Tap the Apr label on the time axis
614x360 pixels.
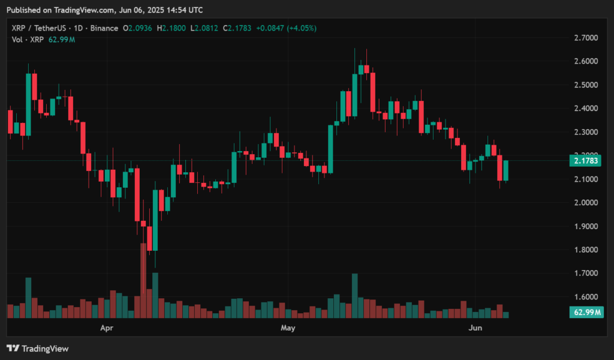click(107, 328)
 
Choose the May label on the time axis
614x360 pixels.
click(288, 328)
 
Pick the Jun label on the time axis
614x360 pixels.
click(475, 328)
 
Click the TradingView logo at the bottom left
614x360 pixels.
click(38, 348)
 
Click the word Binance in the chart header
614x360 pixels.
click(105, 28)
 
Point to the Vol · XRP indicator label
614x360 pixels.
click(28, 40)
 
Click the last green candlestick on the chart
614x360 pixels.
click(505, 170)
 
